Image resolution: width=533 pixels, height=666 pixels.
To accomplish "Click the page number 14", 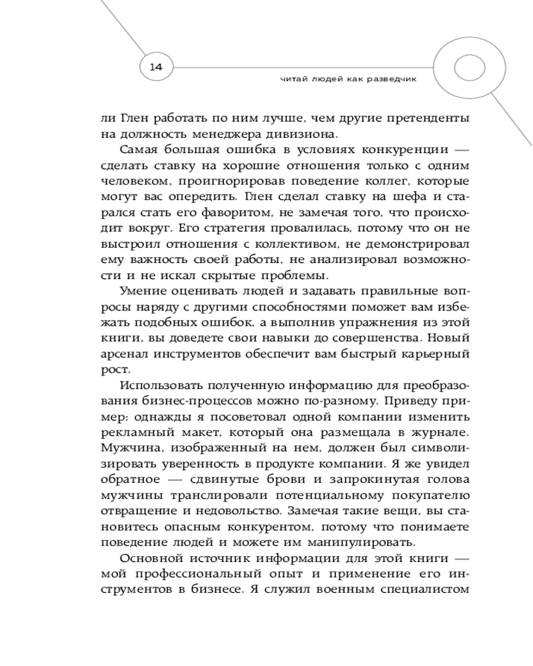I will pos(156,67).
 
